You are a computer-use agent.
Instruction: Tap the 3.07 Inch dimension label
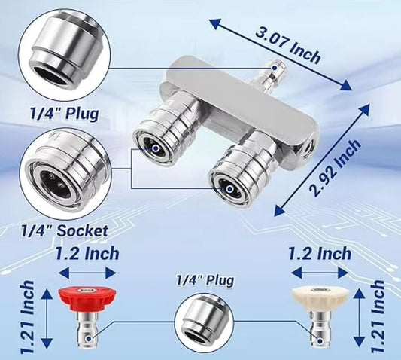click(x=288, y=47)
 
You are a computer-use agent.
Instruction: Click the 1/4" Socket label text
click(x=64, y=230)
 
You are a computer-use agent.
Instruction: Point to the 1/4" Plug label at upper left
click(x=65, y=114)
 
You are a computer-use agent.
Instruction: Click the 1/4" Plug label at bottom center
click(x=205, y=280)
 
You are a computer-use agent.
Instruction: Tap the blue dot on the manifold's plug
click(x=275, y=68)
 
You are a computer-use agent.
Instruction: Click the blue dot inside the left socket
click(x=156, y=148)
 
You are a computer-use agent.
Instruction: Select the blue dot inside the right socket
click(x=230, y=189)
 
